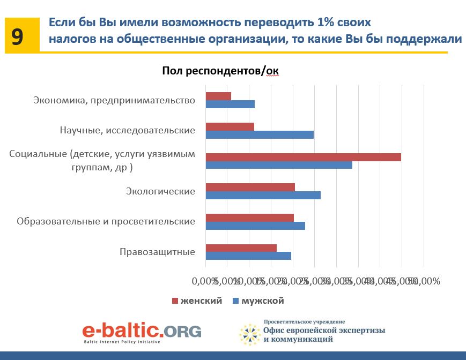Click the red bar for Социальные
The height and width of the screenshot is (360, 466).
(303, 157)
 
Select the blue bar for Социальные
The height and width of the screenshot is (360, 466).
(279, 165)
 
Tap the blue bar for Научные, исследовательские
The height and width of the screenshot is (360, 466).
(260, 134)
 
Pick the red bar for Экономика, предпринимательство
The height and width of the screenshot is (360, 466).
(218, 96)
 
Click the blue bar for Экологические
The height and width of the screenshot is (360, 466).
(263, 195)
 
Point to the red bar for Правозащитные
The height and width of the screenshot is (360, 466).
(241, 248)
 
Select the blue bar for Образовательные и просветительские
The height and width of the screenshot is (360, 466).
(255, 226)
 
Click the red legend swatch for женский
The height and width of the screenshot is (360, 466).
(174, 301)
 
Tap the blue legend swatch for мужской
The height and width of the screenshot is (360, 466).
(235, 301)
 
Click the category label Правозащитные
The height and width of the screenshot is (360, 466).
(157, 252)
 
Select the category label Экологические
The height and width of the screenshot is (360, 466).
(160, 191)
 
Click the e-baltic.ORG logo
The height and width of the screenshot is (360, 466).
(142, 331)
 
